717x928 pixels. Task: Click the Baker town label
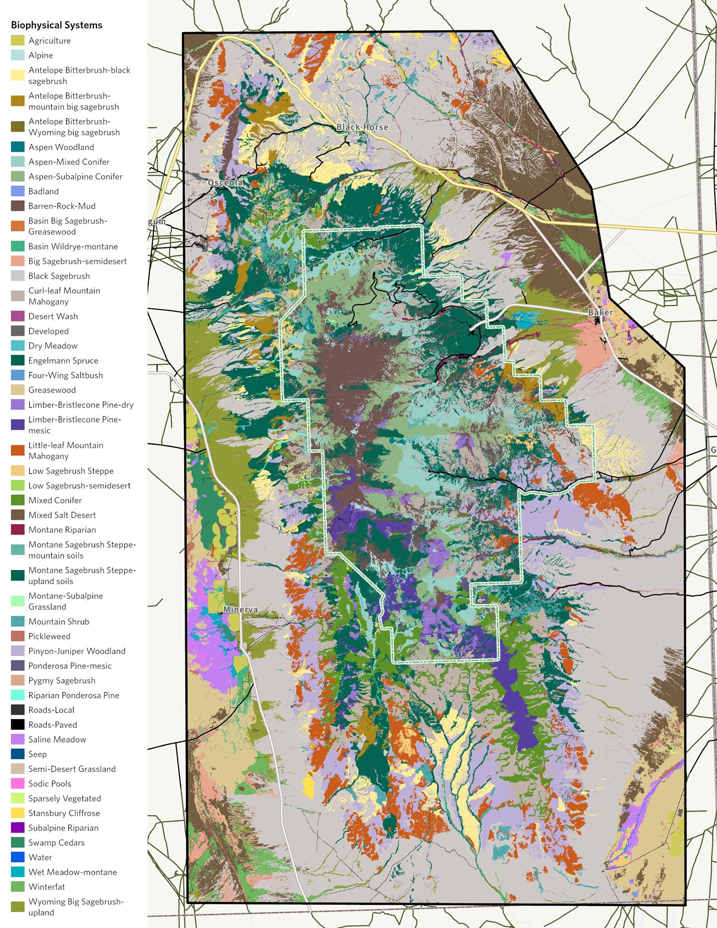click(600, 312)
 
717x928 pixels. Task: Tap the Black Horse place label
click(362, 127)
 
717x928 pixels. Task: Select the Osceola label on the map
click(225, 183)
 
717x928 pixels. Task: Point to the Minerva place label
click(240, 610)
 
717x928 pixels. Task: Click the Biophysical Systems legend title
click(56, 25)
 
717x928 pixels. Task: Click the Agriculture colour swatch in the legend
click(18, 41)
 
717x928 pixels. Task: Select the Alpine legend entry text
click(41, 55)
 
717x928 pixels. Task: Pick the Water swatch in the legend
click(18, 857)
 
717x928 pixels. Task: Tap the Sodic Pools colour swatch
click(18, 783)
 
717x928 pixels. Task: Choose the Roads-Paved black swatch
click(18, 724)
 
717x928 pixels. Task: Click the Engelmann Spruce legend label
click(63, 360)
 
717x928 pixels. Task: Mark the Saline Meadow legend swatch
click(18, 739)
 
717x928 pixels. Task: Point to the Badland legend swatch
click(18, 191)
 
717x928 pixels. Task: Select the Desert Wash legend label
click(53, 316)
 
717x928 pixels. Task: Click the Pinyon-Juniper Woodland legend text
click(77, 651)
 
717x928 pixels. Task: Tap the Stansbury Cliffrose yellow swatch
click(18, 813)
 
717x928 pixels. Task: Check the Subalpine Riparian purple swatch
click(18, 828)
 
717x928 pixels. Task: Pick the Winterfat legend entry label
click(46, 887)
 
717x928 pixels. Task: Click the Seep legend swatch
click(18, 754)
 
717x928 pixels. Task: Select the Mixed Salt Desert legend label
click(62, 515)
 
